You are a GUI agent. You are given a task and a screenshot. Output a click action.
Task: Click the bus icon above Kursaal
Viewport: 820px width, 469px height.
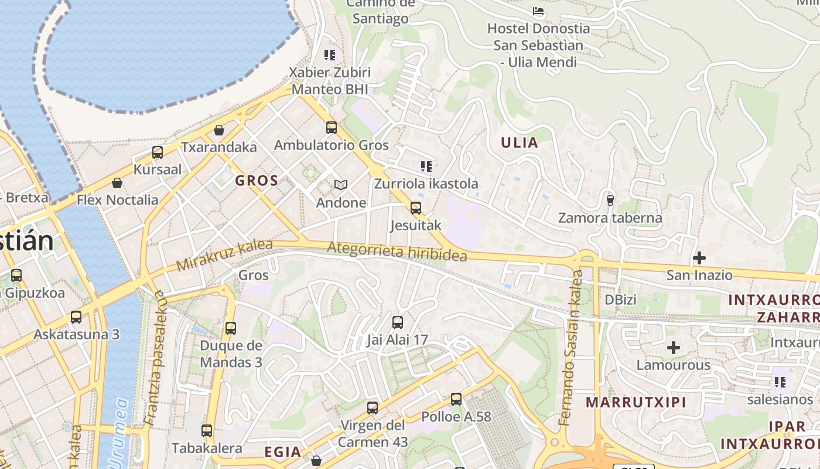point(158,152)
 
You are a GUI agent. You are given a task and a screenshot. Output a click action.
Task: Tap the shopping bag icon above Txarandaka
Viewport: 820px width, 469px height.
point(219,130)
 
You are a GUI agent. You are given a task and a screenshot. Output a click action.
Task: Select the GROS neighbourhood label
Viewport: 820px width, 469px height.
point(257,181)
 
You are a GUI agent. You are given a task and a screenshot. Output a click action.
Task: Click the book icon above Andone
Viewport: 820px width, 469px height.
point(341,185)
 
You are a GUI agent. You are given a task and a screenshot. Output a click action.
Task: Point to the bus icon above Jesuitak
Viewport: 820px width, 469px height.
point(416,208)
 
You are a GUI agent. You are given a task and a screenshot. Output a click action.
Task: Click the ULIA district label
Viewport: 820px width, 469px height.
point(520,142)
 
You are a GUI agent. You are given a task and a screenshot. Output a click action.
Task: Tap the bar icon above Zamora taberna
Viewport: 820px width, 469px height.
point(610,200)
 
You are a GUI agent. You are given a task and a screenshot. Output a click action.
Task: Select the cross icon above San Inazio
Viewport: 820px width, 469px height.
point(699,257)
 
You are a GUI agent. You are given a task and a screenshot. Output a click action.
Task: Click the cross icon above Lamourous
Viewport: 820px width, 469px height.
point(674,348)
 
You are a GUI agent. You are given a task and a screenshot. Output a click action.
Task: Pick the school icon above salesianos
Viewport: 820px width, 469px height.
point(780,382)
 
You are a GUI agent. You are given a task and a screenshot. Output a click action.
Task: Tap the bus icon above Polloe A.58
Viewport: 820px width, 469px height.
point(456,399)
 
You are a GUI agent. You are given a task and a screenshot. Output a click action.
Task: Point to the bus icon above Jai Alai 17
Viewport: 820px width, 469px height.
point(398,322)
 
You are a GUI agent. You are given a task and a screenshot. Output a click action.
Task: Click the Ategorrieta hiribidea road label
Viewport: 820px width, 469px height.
point(397,252)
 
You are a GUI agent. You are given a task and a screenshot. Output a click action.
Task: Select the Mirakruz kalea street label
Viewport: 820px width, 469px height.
point(224,256)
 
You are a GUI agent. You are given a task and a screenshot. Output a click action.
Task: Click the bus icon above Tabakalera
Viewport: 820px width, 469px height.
point(207,431)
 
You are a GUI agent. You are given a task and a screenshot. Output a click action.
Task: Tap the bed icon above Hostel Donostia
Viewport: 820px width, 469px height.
point(538,11)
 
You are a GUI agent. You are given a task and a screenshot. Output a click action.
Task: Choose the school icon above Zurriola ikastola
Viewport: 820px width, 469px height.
point(426,166)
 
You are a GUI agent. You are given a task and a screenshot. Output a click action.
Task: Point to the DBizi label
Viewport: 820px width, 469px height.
point(620,300)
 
